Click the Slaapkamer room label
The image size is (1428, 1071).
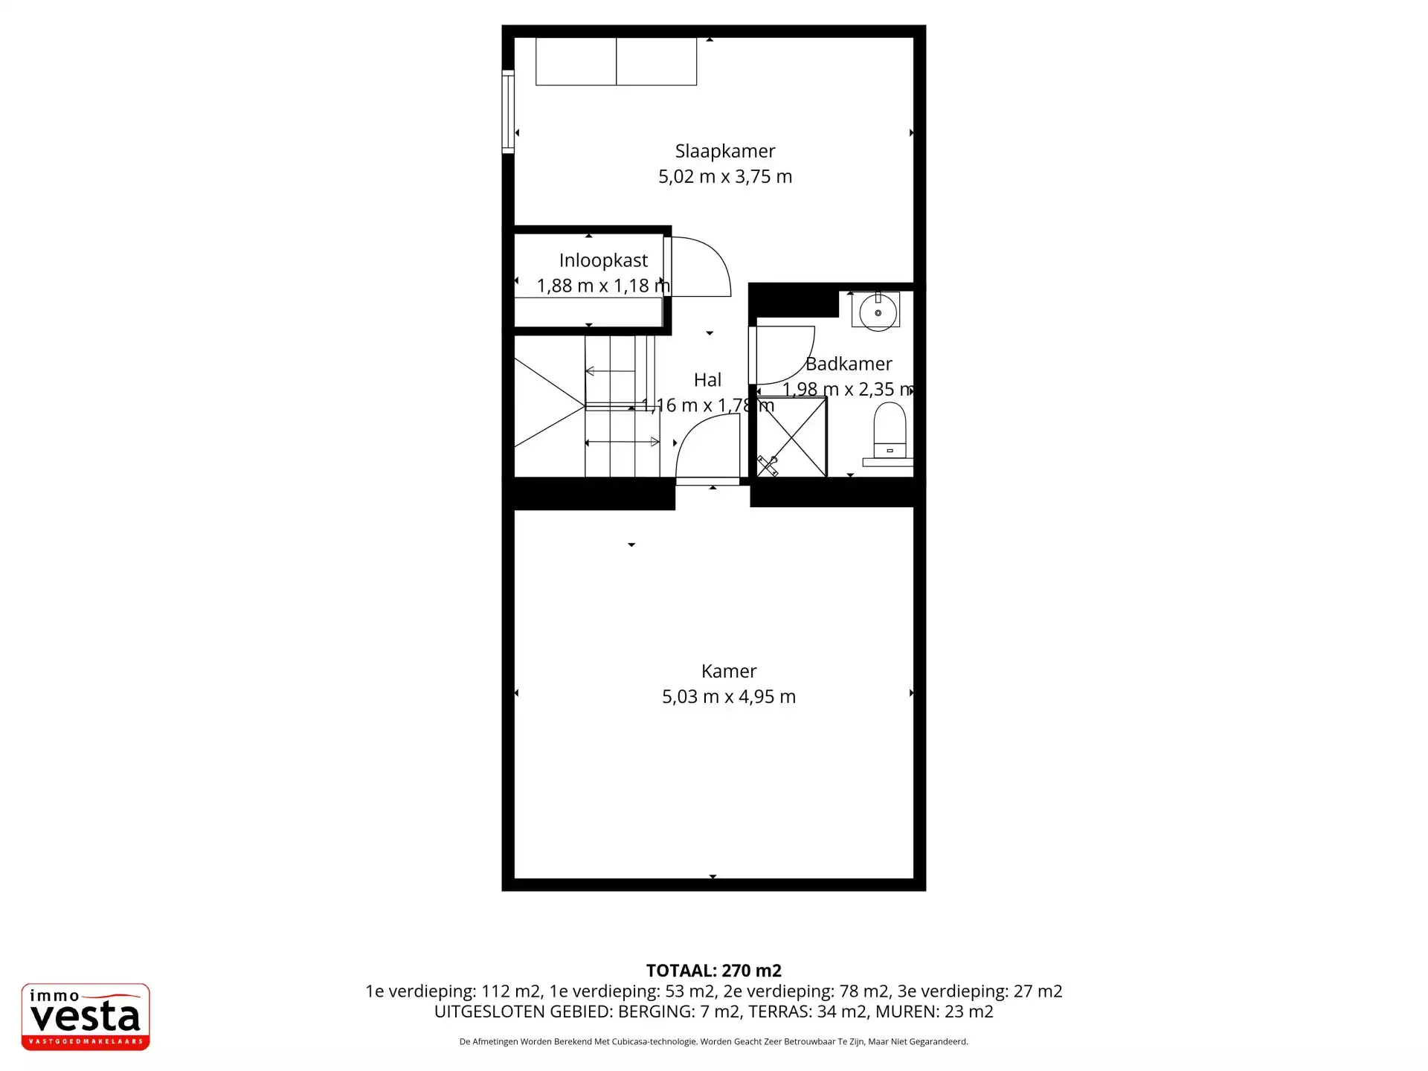coord(725,152)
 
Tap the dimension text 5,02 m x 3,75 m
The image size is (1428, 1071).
coord(725,177)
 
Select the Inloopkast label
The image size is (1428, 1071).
coord(603,261)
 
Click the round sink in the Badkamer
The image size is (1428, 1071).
coord(878,312)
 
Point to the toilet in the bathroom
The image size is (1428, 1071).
coord(890,430)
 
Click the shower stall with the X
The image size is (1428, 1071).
coord(791,437)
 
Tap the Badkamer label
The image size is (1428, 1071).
coord(849,364)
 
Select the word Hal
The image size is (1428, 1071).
coord(707,380)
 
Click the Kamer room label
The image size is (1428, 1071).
coord(729,672)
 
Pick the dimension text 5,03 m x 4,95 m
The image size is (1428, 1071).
coord(729,697)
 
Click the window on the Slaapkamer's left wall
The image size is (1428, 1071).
coord(508,112)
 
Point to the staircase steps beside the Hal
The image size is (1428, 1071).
coord(622,406)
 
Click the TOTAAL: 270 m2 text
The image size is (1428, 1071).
coord(714,971)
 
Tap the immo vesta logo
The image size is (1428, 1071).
coord(86,1017)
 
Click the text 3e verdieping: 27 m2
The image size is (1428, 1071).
coord(980,991)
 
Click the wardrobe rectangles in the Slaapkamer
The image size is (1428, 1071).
coord(616,62)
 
